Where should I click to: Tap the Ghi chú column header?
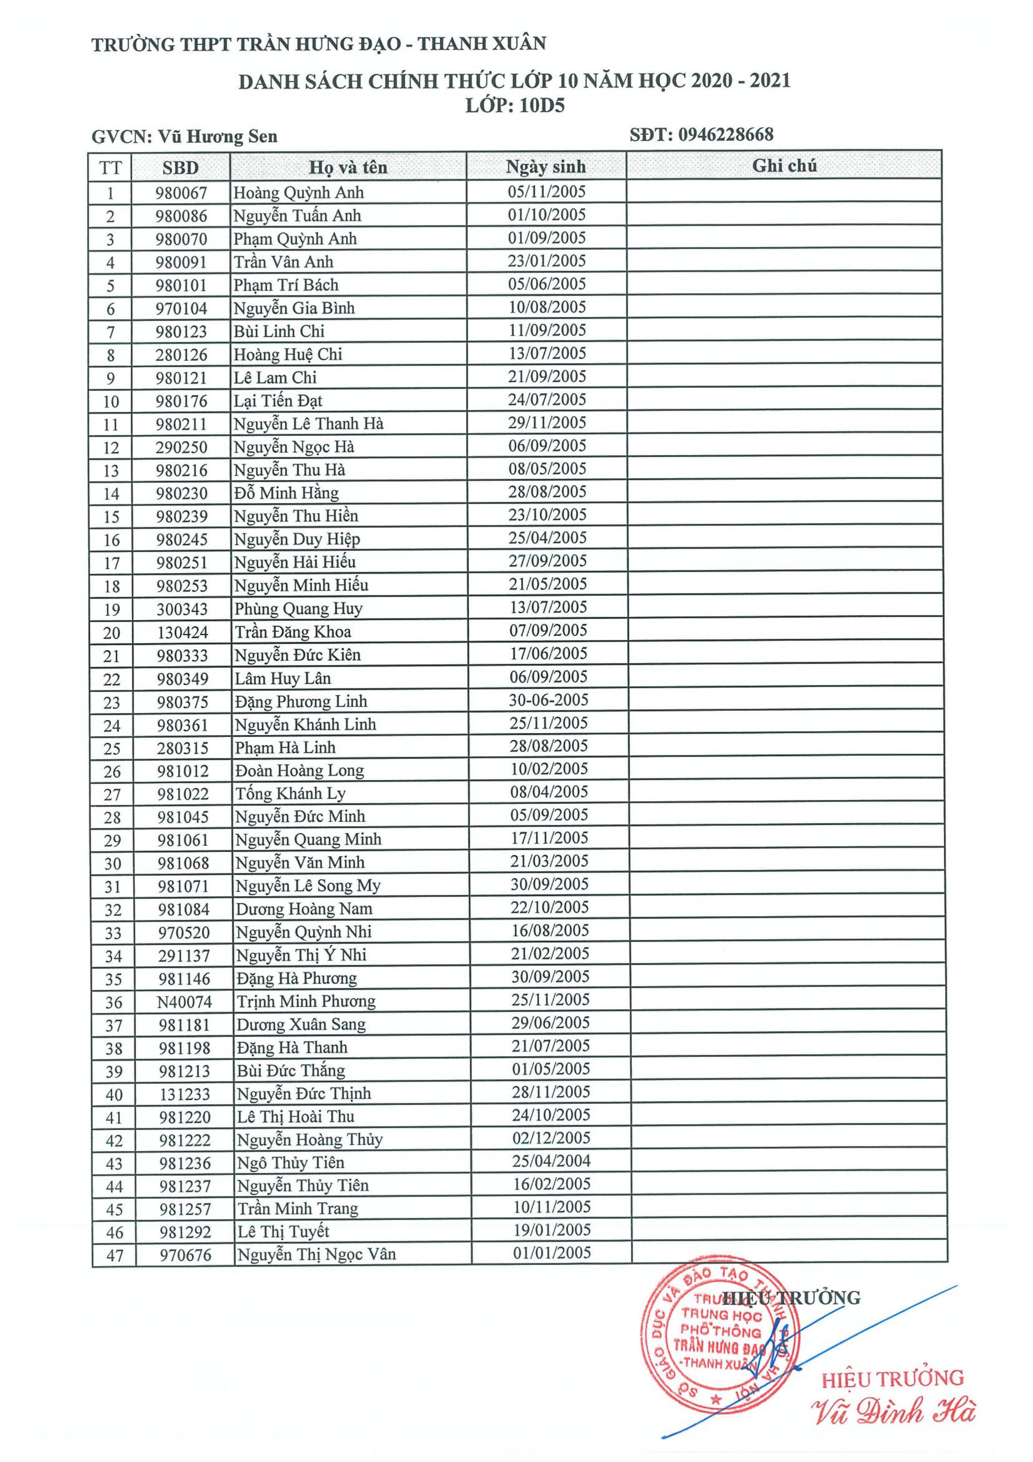[784, 166]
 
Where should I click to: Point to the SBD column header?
[180, 167]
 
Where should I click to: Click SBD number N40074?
[184, 1001]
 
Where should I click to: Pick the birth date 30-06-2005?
[548, 700]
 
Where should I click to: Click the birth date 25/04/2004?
[551, 1161]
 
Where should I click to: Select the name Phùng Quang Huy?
[298, 609]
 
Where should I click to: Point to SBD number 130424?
[183, 632]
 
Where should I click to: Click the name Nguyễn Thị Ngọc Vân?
[316, 1254]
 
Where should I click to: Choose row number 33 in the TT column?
[113, 933]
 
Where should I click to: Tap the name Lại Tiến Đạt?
[278, 401]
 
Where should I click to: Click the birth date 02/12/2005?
[551, 1138]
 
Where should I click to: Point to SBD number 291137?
[184, 956]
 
